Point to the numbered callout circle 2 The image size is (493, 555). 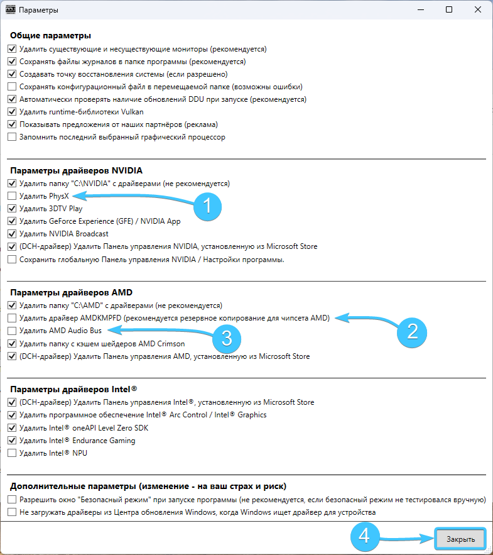[412, 331]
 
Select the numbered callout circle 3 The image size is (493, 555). [225, 338]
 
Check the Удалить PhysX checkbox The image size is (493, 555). [12, 196]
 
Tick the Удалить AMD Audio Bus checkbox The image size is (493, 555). [12, 331]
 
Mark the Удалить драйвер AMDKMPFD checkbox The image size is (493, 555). [12, 318]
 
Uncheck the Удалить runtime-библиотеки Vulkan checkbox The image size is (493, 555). [12, 112]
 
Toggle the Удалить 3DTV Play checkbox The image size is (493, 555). [12, 209]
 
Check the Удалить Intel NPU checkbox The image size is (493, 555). [12, 453]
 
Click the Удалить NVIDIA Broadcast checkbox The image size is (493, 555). [12, 234]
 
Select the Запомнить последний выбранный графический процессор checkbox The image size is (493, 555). [12, 137]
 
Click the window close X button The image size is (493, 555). [478, 10]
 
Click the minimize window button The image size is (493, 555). [420, 10]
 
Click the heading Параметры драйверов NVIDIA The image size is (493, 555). [76, 170]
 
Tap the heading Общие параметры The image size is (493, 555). [51, 35]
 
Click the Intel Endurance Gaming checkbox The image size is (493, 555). [12, 441]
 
